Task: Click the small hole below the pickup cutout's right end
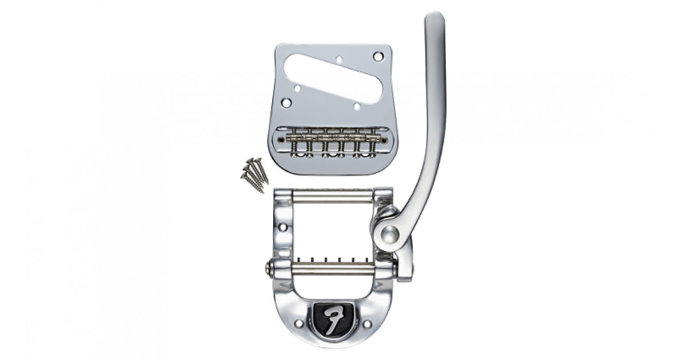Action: coord(357,107)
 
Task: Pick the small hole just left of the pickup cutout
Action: coord(298,88)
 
